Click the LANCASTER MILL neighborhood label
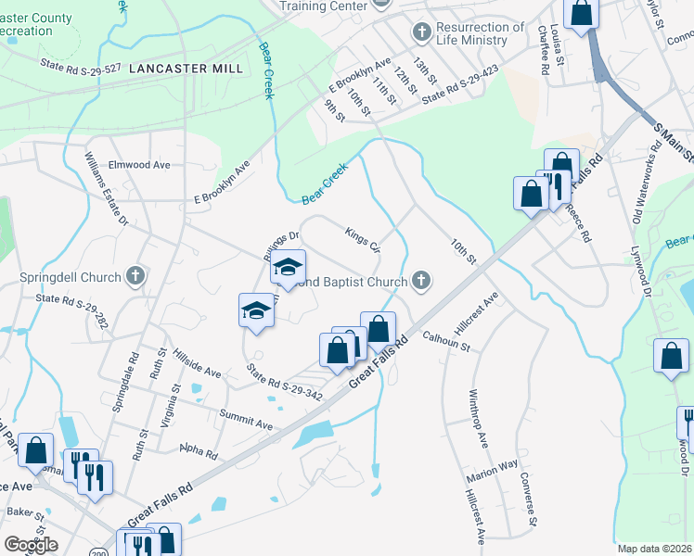(186, 69)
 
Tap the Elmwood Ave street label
(139, 165)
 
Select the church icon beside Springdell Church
(136, 275)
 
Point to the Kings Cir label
(363, 239)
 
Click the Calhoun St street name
(447, 341)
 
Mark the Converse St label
(528, 499)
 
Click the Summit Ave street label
(246, 418)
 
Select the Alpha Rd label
(199, 452)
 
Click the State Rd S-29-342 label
(285, 383)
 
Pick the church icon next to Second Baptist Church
(421, 281)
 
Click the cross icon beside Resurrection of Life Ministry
(421, 33)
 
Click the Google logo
(32, 545)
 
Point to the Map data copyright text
(655, 550)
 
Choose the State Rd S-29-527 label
(81, 66)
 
